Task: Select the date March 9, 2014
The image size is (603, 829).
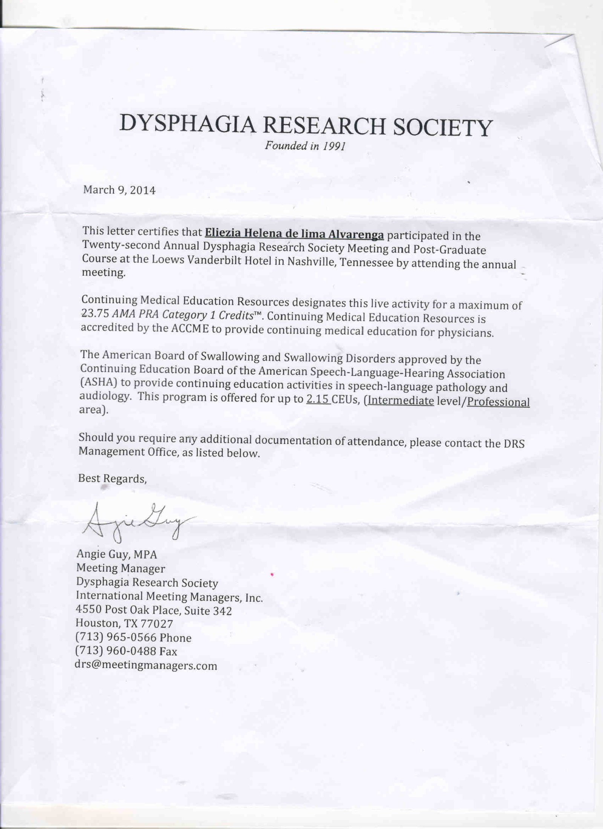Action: [119, 190]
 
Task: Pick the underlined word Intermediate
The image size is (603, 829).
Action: [401, 400]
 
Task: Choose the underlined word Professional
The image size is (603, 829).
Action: [498, 402]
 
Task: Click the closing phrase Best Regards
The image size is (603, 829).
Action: [112, 479]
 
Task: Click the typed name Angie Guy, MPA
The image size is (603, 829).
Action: [116, 554]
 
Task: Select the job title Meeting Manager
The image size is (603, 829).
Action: [121, 568]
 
